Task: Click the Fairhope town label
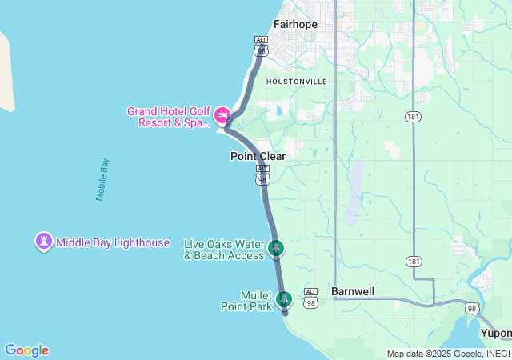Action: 295,24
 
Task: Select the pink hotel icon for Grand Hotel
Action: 222,116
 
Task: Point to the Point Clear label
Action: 258,156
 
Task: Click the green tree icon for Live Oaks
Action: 276,247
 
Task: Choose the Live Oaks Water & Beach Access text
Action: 224,250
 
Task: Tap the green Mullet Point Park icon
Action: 283,299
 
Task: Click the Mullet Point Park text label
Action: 246,300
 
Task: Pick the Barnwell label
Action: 352,292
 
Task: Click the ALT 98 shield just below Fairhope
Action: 261,46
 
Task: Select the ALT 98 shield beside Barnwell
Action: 311,297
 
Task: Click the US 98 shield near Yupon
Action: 473,308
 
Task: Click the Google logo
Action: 26,350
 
